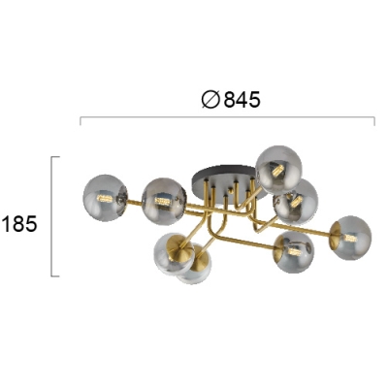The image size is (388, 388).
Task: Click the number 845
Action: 242,99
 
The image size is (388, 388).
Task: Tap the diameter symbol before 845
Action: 210,99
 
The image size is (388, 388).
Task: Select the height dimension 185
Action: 19,224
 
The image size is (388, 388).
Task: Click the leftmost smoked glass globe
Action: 106,198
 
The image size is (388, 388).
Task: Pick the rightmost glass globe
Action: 350,238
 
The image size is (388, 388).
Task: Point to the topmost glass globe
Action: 279,170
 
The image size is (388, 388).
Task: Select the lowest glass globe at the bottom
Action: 195,265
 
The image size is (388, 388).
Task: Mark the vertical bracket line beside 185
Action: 51,216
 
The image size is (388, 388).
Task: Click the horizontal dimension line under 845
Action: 227,117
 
